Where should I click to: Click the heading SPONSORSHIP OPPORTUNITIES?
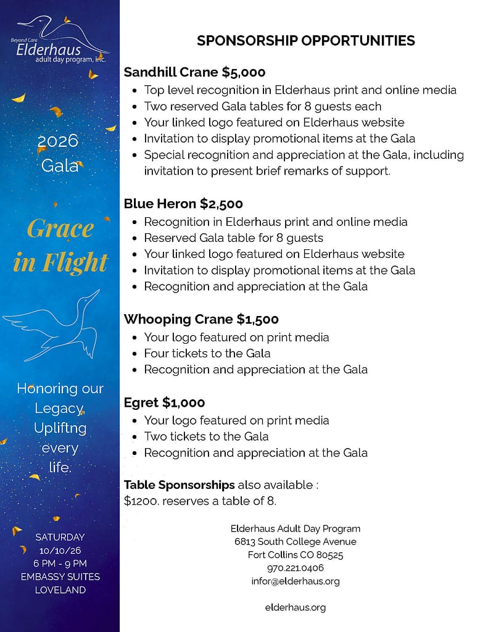(305, 41)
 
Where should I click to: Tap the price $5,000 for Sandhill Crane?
(244, 72)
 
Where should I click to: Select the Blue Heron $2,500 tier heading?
(183, 204)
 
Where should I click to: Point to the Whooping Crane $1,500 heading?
(201, 319)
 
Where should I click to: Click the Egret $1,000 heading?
(164, 402)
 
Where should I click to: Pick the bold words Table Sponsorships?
(179, 484)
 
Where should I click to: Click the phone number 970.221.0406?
(296, 568)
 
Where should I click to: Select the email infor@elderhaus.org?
(296, 581)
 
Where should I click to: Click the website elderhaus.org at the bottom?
(296, 607)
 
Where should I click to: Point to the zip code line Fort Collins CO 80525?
(296, 555)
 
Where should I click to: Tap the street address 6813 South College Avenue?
(296, 541)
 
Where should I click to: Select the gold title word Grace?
(60, 230)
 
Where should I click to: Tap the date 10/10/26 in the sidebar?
(60, 550)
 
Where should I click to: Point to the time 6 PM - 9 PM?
(60, 563)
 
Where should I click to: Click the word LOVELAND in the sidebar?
(60, 589)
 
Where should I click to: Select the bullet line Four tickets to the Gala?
(207, 353)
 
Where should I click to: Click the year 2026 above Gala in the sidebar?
(58, 141)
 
